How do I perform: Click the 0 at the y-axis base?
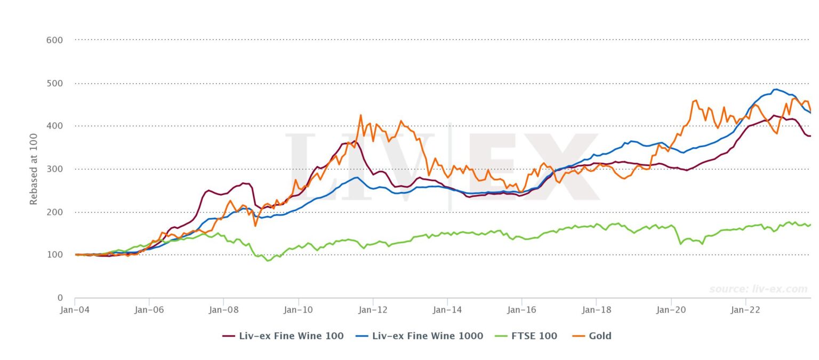tap(60, 298)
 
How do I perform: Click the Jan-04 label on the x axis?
tap(75, 309)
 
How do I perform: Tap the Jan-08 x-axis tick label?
tap(223, 309)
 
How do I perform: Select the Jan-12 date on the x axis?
tap(373, 309)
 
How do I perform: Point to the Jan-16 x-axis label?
tap(521, 309)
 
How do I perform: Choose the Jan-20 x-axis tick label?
tap(671, 309)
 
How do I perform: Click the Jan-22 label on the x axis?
tap(745, 309)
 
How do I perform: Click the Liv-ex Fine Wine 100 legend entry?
tap(283, 336)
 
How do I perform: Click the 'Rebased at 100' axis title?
tap(34, 169)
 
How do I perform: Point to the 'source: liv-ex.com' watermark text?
tap(758, 289)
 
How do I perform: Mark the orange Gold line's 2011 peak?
tap(360, 115)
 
